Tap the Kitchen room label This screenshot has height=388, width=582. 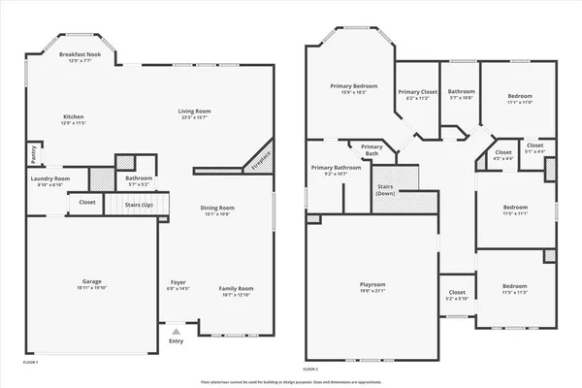click(75, 118)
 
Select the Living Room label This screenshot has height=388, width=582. click(194, 113)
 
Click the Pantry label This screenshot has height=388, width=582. click(33, 152)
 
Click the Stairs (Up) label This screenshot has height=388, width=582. click(140, 206)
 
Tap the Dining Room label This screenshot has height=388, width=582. click(217, 208)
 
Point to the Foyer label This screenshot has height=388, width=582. click(178, 282)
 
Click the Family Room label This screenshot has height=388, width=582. click(236, 288)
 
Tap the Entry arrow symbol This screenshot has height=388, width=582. click(176, 331)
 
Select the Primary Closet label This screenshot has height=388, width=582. click(417, 92)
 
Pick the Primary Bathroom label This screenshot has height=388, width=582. click(336, 168)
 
